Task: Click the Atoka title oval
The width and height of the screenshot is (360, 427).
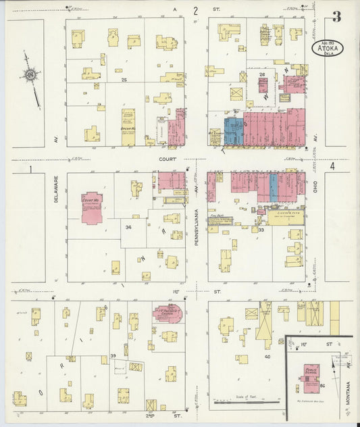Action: (x=328, y=48)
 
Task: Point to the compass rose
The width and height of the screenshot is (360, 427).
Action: (x=31, y=76)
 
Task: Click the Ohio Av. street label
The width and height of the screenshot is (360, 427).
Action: (x=315, y=184)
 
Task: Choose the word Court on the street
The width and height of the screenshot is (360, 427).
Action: (x=167, y=159)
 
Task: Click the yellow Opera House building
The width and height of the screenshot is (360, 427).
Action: (x=128, y=127)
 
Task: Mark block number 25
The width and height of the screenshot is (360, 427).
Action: (x=124, y=80)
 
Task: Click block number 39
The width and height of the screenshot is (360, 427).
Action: (x=113, y=355)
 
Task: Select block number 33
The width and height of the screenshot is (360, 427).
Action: (x=261, y=229)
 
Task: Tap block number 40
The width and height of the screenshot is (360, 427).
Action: (x=267, y=356)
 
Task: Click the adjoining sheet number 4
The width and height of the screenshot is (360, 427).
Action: (x=332, y=166)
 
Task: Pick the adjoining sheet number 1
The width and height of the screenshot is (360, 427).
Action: (x=30, y=169)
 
